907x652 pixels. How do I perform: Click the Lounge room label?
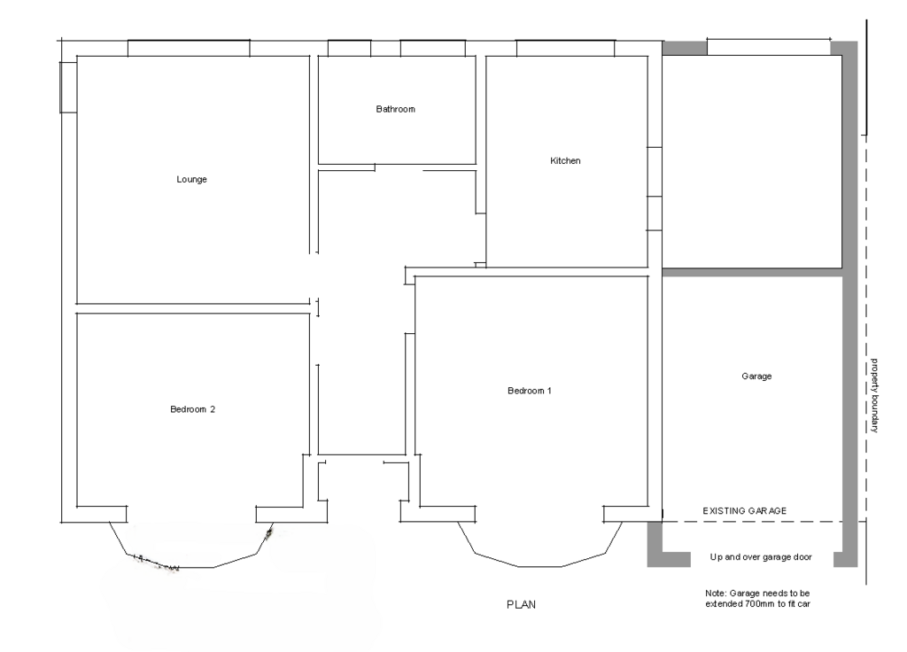(x=191, y=179)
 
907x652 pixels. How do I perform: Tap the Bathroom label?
(x=396, y=109)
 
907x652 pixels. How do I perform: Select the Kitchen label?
(x=565, y=160)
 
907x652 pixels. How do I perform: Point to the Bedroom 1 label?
(x=530, y=391)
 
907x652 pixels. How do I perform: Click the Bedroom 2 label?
(x=192, y=409)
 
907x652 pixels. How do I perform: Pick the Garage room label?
(x=756, y=376)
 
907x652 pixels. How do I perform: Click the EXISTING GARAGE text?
(x=744, y=511)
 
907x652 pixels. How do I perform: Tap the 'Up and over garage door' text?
(x=761, y=556)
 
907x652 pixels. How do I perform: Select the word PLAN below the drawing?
(x=521, y=604)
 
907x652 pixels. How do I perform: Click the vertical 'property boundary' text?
(x=874, y=395)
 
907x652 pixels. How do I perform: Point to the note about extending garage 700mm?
(x=757, y=598)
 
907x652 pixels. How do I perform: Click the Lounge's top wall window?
(x=189, y=48)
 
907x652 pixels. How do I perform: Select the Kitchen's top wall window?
(x=565, y=48)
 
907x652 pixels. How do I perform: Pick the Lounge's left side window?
(x=68, y=87)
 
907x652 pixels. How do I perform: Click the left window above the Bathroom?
(x=349, y=48)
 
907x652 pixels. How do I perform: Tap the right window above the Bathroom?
(x=432, y=48)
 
